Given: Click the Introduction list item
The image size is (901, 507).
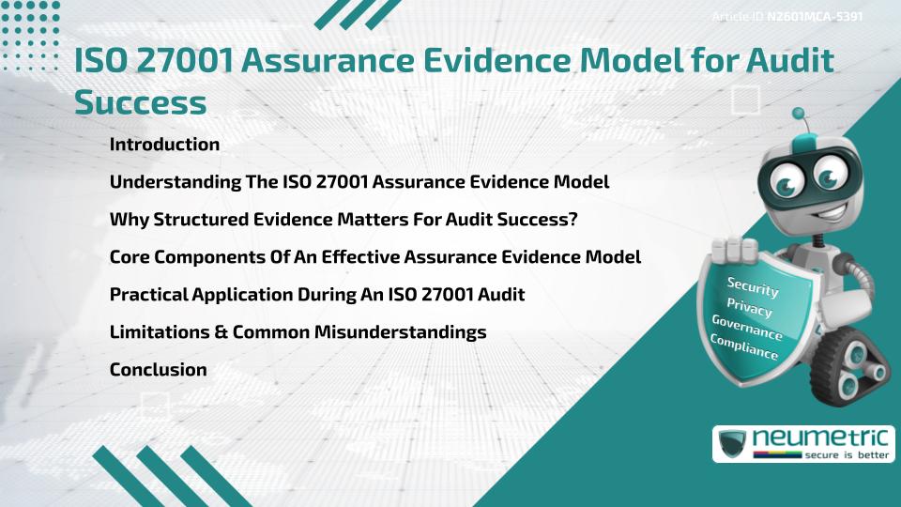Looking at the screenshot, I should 164,145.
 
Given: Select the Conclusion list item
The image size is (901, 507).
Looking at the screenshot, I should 158,369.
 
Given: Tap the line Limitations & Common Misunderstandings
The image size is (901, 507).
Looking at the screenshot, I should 298,331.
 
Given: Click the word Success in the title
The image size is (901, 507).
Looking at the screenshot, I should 140,102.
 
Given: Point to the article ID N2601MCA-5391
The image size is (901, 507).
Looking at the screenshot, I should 814,17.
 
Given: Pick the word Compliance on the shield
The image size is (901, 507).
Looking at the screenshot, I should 743,347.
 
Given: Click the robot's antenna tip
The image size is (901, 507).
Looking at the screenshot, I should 799,115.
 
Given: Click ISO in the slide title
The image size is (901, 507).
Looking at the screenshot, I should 102,62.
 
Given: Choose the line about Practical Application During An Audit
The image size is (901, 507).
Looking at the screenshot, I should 316,294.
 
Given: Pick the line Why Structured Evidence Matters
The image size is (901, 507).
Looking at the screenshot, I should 344,219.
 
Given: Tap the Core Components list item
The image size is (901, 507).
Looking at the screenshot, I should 374,256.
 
